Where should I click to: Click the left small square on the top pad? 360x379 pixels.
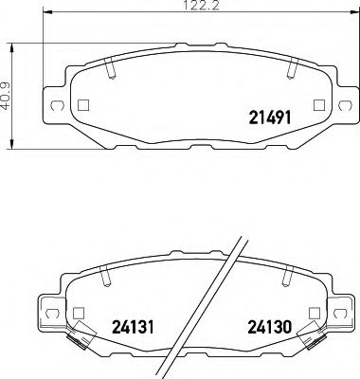pos(83,105)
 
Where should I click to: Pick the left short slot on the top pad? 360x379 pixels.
pos(111,69)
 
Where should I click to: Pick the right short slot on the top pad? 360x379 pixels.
pos(291,69)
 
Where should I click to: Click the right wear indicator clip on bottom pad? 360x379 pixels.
pos(308,331)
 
